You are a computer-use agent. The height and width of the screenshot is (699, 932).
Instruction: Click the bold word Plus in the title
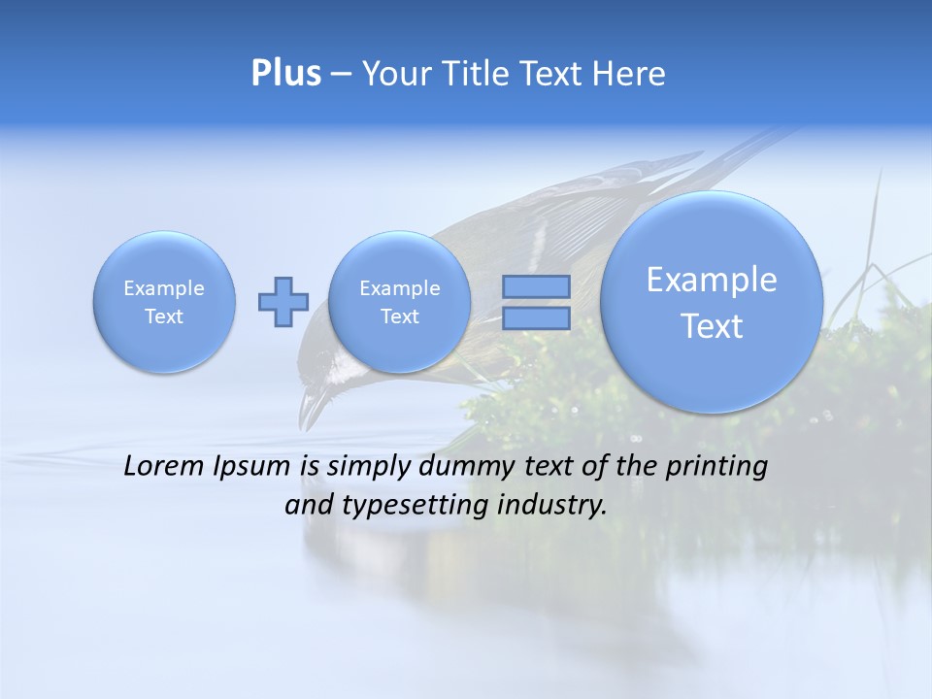click(x=285, y=74)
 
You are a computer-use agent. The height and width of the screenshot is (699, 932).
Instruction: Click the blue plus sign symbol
click(x=283, y=301)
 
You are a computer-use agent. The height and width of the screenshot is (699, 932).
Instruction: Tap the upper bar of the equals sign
click(x=536, y=286)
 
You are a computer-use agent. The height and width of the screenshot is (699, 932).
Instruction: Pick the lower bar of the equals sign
click(x=536, y=317)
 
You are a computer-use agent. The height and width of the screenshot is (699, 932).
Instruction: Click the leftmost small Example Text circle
click(x=164, y=302)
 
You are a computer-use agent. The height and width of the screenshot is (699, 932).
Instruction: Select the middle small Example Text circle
click(x=399, y=302)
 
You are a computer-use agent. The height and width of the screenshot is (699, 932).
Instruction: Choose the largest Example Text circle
click(x=712, y=302)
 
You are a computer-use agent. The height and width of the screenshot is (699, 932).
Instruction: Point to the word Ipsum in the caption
click(x=253, y=467)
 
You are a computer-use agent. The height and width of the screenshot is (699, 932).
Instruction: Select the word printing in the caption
click(x=716, y=467)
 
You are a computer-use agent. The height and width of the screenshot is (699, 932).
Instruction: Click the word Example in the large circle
click(x=712, y=280)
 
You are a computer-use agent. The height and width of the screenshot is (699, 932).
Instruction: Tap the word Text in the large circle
click(x=712, y=326)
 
